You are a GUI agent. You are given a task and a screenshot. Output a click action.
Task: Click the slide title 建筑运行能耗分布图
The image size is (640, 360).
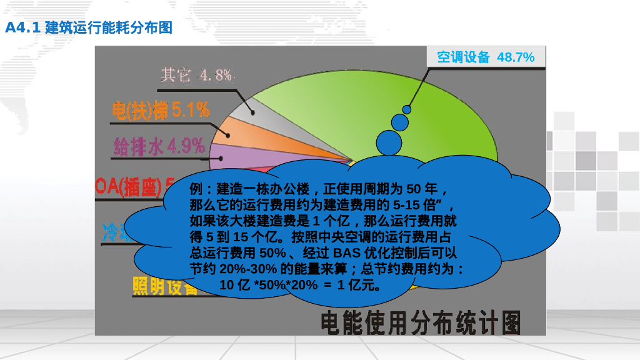pos(109,27)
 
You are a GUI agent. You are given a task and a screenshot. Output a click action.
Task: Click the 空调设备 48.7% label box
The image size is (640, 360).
pos(486,57)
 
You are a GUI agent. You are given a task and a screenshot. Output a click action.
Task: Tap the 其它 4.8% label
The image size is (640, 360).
pos(196,76)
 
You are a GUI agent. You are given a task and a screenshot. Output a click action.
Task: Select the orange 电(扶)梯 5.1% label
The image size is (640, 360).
pos(161,111)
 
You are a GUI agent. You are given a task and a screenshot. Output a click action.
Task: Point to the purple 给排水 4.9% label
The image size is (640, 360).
pos(159,146)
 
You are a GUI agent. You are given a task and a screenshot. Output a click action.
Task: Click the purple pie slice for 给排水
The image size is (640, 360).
pos(231,156)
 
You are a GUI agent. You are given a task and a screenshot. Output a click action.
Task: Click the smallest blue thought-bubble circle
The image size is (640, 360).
pos(407,109)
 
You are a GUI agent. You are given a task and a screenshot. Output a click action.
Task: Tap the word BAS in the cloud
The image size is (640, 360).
pos(347,253)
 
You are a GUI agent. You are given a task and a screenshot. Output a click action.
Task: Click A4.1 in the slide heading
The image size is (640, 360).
pos(22,27)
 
